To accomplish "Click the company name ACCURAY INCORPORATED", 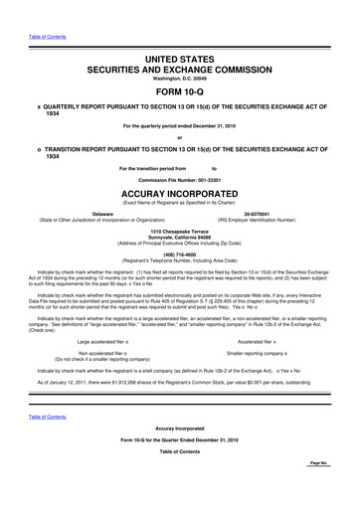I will [179, 194].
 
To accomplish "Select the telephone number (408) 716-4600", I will [179, 252].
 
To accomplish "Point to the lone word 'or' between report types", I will [179, 136].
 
